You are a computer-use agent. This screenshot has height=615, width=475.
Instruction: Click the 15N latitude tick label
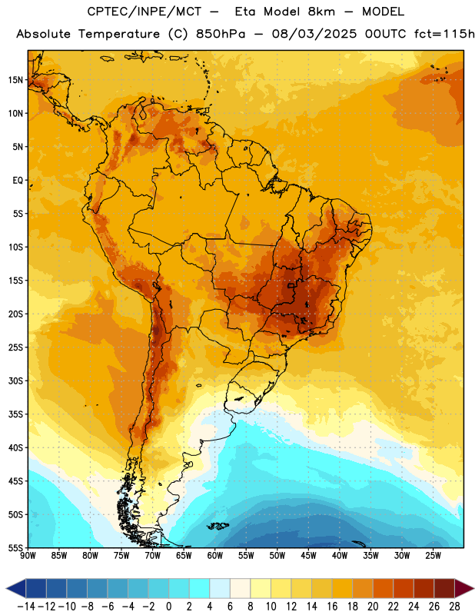point(15,80)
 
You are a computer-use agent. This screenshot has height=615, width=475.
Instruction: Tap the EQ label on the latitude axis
point(18,181)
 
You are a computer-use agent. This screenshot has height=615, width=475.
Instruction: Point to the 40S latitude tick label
point(15,447)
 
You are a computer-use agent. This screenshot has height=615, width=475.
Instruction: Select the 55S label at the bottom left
point(15,547)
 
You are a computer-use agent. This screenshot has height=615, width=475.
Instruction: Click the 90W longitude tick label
point(28,555)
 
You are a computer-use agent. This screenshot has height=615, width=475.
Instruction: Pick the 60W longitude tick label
point(215,555)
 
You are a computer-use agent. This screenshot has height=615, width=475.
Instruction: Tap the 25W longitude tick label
point(433,555)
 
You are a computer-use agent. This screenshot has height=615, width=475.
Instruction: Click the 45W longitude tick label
point(308,555)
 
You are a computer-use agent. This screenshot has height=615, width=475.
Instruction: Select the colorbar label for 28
point(454,606)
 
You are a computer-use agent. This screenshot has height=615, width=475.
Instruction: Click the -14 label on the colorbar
point(26,606)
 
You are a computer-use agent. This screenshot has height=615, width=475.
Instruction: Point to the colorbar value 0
point(168,606)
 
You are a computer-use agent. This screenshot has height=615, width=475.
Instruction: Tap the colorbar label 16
point(332,606)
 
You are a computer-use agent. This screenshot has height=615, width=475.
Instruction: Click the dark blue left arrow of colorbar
point(16,588)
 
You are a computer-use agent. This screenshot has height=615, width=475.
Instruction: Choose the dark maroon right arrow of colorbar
point(464,588)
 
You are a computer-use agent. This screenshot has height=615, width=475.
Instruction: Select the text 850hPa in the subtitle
point(220,34)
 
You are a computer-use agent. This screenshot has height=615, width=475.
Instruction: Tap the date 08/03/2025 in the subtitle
point(314,34)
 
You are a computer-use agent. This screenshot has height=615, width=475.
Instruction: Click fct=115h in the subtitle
point(444,34)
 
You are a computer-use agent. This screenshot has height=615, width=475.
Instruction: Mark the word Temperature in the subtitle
point(119,35)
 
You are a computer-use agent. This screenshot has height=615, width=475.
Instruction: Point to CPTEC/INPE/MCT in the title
point(144,12)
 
